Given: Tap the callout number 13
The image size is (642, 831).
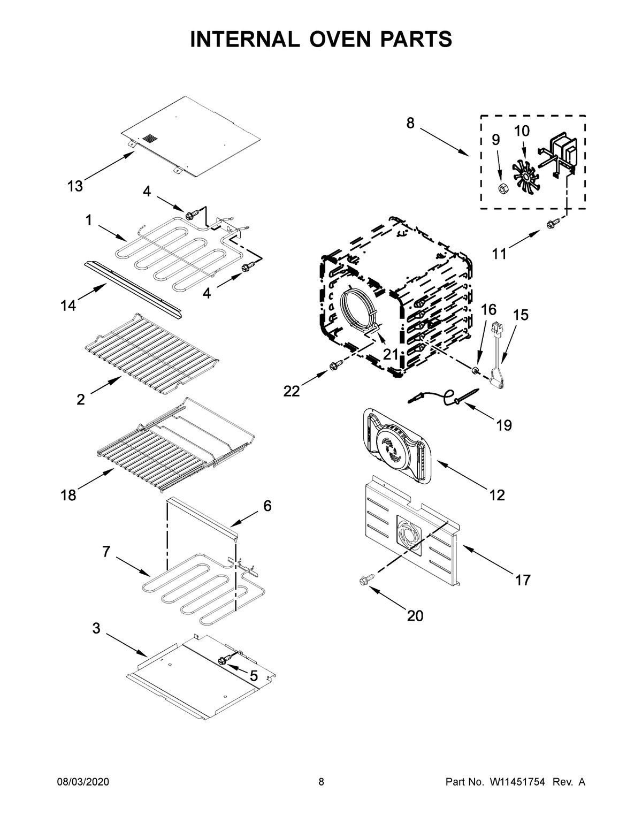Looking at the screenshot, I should click(x=75, y=186).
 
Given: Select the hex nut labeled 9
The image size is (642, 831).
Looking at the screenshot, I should click(x=502, y=188).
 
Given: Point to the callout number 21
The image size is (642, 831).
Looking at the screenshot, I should click(x=391, y=354).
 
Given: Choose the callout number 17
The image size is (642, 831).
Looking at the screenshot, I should click(x=522, y=580).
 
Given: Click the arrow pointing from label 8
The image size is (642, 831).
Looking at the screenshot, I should click(x=444, y=142).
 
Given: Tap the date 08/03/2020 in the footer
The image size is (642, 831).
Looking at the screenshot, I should click(x=83, y=782).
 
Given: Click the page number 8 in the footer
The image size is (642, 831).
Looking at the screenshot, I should click(x=321, y=782).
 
